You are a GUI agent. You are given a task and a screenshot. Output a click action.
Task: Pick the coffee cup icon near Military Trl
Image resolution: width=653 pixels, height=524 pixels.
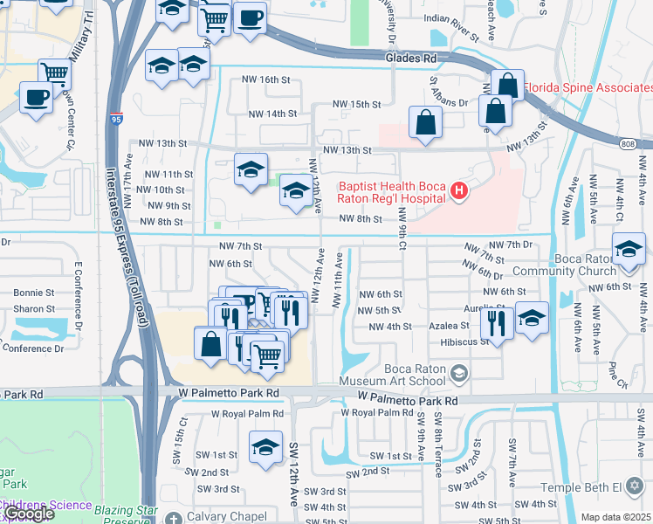pos(36,97)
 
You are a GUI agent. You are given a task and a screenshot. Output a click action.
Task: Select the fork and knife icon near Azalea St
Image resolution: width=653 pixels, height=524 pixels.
pos(497,322)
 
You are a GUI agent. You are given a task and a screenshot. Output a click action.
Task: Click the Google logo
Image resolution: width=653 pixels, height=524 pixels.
pos(28,514)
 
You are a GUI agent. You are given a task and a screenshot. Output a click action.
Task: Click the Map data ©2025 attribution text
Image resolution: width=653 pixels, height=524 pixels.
pos(616,517)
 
